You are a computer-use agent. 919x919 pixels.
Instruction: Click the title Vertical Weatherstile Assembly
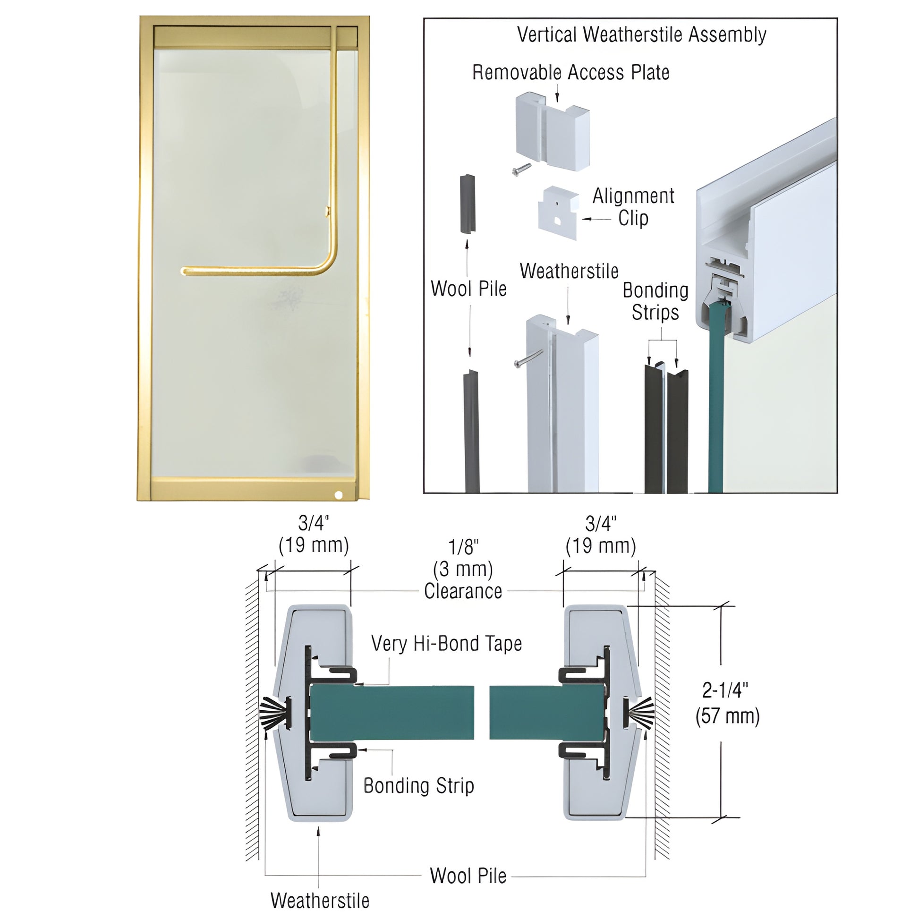coord(641,35)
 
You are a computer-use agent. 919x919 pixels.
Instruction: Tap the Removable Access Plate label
coord(570,72)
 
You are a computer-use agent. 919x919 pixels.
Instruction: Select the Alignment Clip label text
coord(633,207)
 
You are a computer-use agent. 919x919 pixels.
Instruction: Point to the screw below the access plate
coord(521,169)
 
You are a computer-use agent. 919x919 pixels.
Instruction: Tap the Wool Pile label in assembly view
coord(468,288)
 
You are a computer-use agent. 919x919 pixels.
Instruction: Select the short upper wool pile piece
coord(468,204)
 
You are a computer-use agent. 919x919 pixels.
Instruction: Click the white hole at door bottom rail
coord(339,495)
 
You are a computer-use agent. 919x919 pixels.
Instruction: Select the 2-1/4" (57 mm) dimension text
coord(727,703)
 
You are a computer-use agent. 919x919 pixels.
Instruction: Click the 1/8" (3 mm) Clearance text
coord(463,570)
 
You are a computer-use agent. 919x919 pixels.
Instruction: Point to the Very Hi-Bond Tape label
coord(446,644)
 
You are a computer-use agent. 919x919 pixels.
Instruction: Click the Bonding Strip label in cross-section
coord(418,785)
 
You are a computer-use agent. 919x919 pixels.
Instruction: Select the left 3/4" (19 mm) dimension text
coord(314,534)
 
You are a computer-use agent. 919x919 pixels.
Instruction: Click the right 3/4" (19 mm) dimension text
coord(601,534)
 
